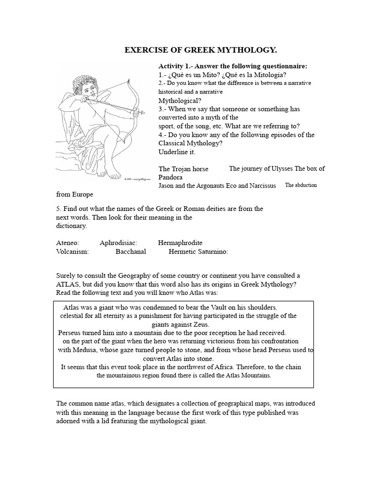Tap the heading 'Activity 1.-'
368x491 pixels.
178,66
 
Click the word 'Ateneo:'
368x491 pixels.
68,243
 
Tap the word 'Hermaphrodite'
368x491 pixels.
180,243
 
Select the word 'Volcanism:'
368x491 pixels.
72,251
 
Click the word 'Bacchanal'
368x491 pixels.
131,251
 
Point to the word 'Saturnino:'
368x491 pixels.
212,251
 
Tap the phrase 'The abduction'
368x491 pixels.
301,185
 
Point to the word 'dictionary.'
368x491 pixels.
71,225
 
